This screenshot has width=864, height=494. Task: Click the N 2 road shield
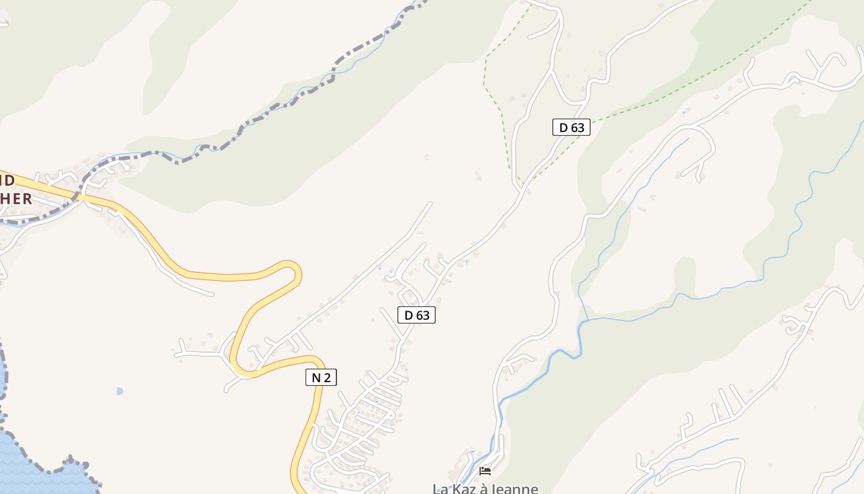(x=321, y=377)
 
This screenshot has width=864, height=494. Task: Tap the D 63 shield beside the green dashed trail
(x=571, y=128)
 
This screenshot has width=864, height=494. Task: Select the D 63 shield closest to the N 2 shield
(x=417, y=315)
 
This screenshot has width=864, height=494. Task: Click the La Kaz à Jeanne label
(x=485, y=488)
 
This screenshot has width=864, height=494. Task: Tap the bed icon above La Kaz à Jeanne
(x=485, y=471)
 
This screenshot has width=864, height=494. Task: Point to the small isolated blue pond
(x=120, y=391)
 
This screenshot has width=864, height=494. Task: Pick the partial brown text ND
(x=7, y=180)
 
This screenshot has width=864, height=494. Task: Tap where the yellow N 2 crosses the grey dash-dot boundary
(x=80, y=198)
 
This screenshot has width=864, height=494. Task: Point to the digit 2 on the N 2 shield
(x=327, y=377)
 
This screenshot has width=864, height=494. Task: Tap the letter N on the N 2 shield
(x=315, y=377)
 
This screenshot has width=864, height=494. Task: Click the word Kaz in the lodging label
(x=463, y=489)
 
